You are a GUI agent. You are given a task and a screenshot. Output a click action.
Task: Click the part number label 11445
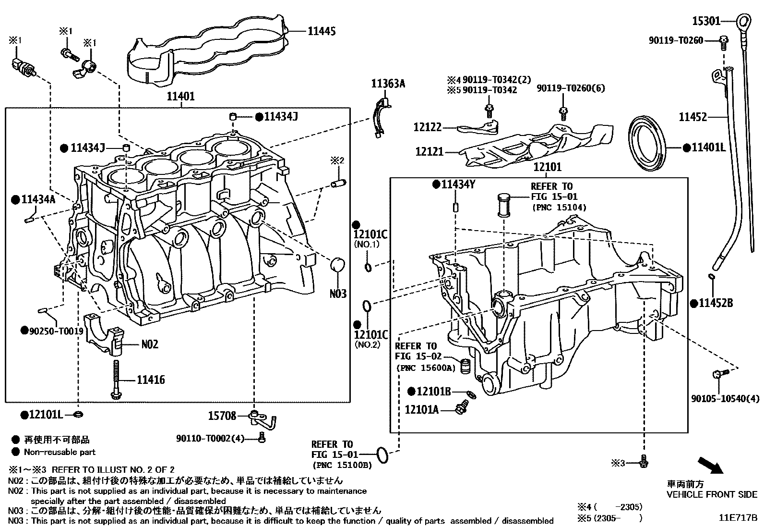pos(321,31)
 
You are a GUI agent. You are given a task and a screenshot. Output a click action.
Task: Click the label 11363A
pos(388,84)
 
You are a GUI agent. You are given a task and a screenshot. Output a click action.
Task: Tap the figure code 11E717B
pos(738,518)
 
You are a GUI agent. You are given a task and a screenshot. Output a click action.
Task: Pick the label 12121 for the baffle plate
pos(429,152)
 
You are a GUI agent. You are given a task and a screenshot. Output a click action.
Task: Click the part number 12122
pos(427,127)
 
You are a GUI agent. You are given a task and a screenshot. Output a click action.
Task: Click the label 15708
pos(222,416)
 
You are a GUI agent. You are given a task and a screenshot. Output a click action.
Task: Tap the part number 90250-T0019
pos(56,331)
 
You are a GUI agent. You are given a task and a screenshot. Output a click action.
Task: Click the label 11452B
pos(716,303)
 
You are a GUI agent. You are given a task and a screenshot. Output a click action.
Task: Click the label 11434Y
pos(458,184)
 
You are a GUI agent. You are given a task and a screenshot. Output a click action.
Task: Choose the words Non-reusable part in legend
pos(60,452)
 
